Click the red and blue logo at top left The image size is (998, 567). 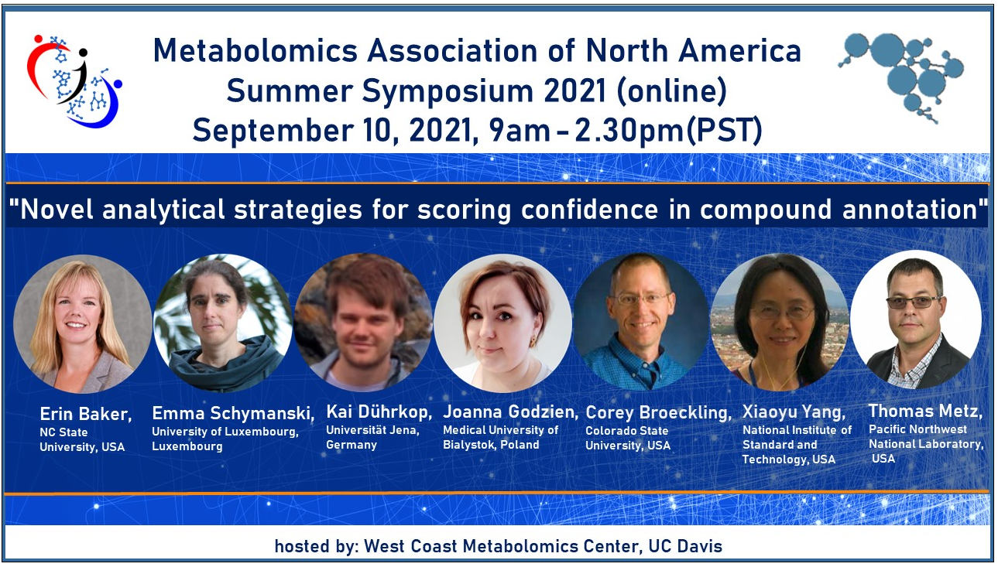74,80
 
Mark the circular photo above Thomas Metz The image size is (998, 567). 916,319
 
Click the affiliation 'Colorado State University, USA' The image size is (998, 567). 628,438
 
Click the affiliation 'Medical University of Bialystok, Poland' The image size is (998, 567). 500,437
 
